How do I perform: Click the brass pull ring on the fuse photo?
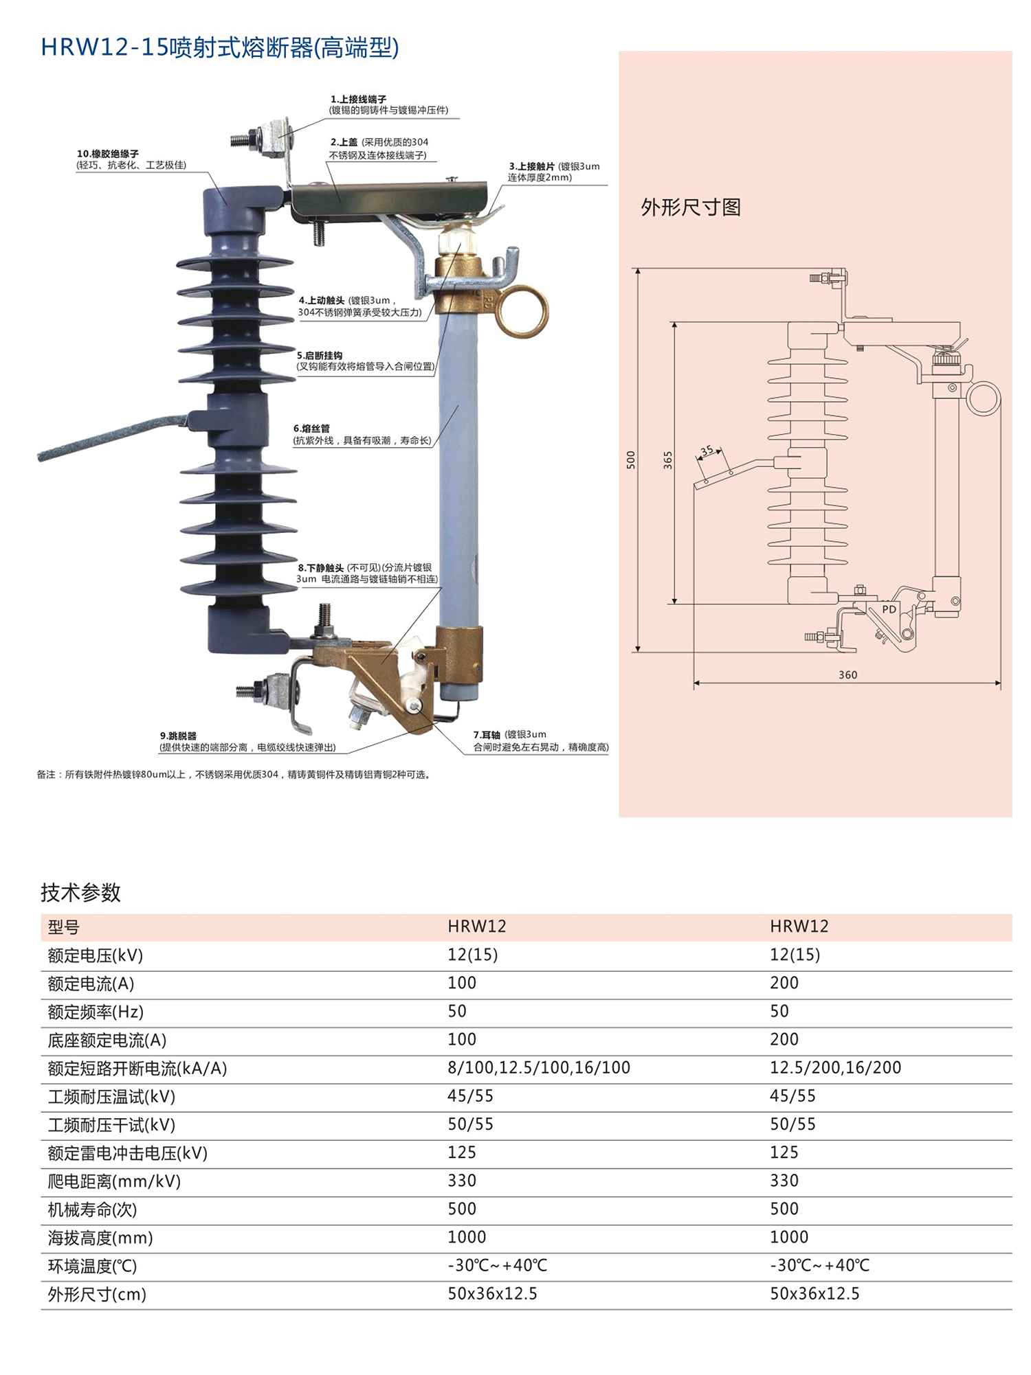pos(522,312)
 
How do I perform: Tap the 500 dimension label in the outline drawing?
pos(631,459)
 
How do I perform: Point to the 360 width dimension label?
pos(847,674)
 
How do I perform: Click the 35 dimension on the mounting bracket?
pos(707,451)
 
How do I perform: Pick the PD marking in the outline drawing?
pos(889,609)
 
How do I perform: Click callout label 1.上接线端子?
pos(358,99)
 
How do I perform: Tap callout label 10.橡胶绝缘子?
pos(108,154)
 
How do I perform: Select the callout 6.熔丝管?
pos(311,429)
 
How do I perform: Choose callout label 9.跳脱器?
pos(178,736)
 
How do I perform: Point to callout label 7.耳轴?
pos(487,735)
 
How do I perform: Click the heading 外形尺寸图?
pos(690,207)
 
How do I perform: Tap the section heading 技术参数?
pos(80,892)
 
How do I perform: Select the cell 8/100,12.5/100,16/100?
pos(538,1067)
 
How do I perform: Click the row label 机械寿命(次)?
pos(92,1209)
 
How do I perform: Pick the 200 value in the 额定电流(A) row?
pos(784,983)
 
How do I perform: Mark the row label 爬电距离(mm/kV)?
pos(114,1181)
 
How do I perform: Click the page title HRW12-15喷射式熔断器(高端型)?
pos(220,47)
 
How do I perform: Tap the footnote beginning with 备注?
pos(234,775)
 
